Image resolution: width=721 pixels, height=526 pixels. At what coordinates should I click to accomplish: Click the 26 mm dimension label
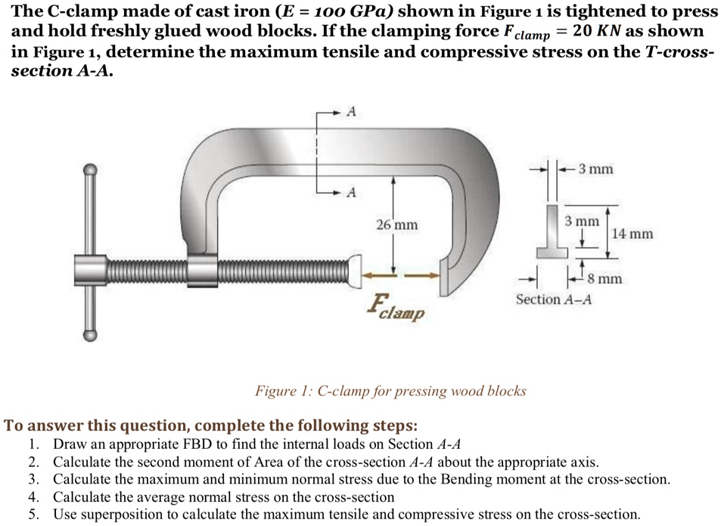[396, 225]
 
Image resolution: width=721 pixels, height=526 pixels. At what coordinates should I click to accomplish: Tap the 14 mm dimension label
[632, 234]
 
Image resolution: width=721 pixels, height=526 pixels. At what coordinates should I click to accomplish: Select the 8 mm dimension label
[604, 280]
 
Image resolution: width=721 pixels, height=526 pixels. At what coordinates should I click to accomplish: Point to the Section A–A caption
[554, 300]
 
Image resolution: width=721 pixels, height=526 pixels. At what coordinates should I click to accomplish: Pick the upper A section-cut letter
[350, 112]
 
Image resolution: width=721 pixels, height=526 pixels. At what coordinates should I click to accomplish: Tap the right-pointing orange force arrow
[424, 275]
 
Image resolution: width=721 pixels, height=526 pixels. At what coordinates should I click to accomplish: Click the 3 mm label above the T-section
[595, 169]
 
